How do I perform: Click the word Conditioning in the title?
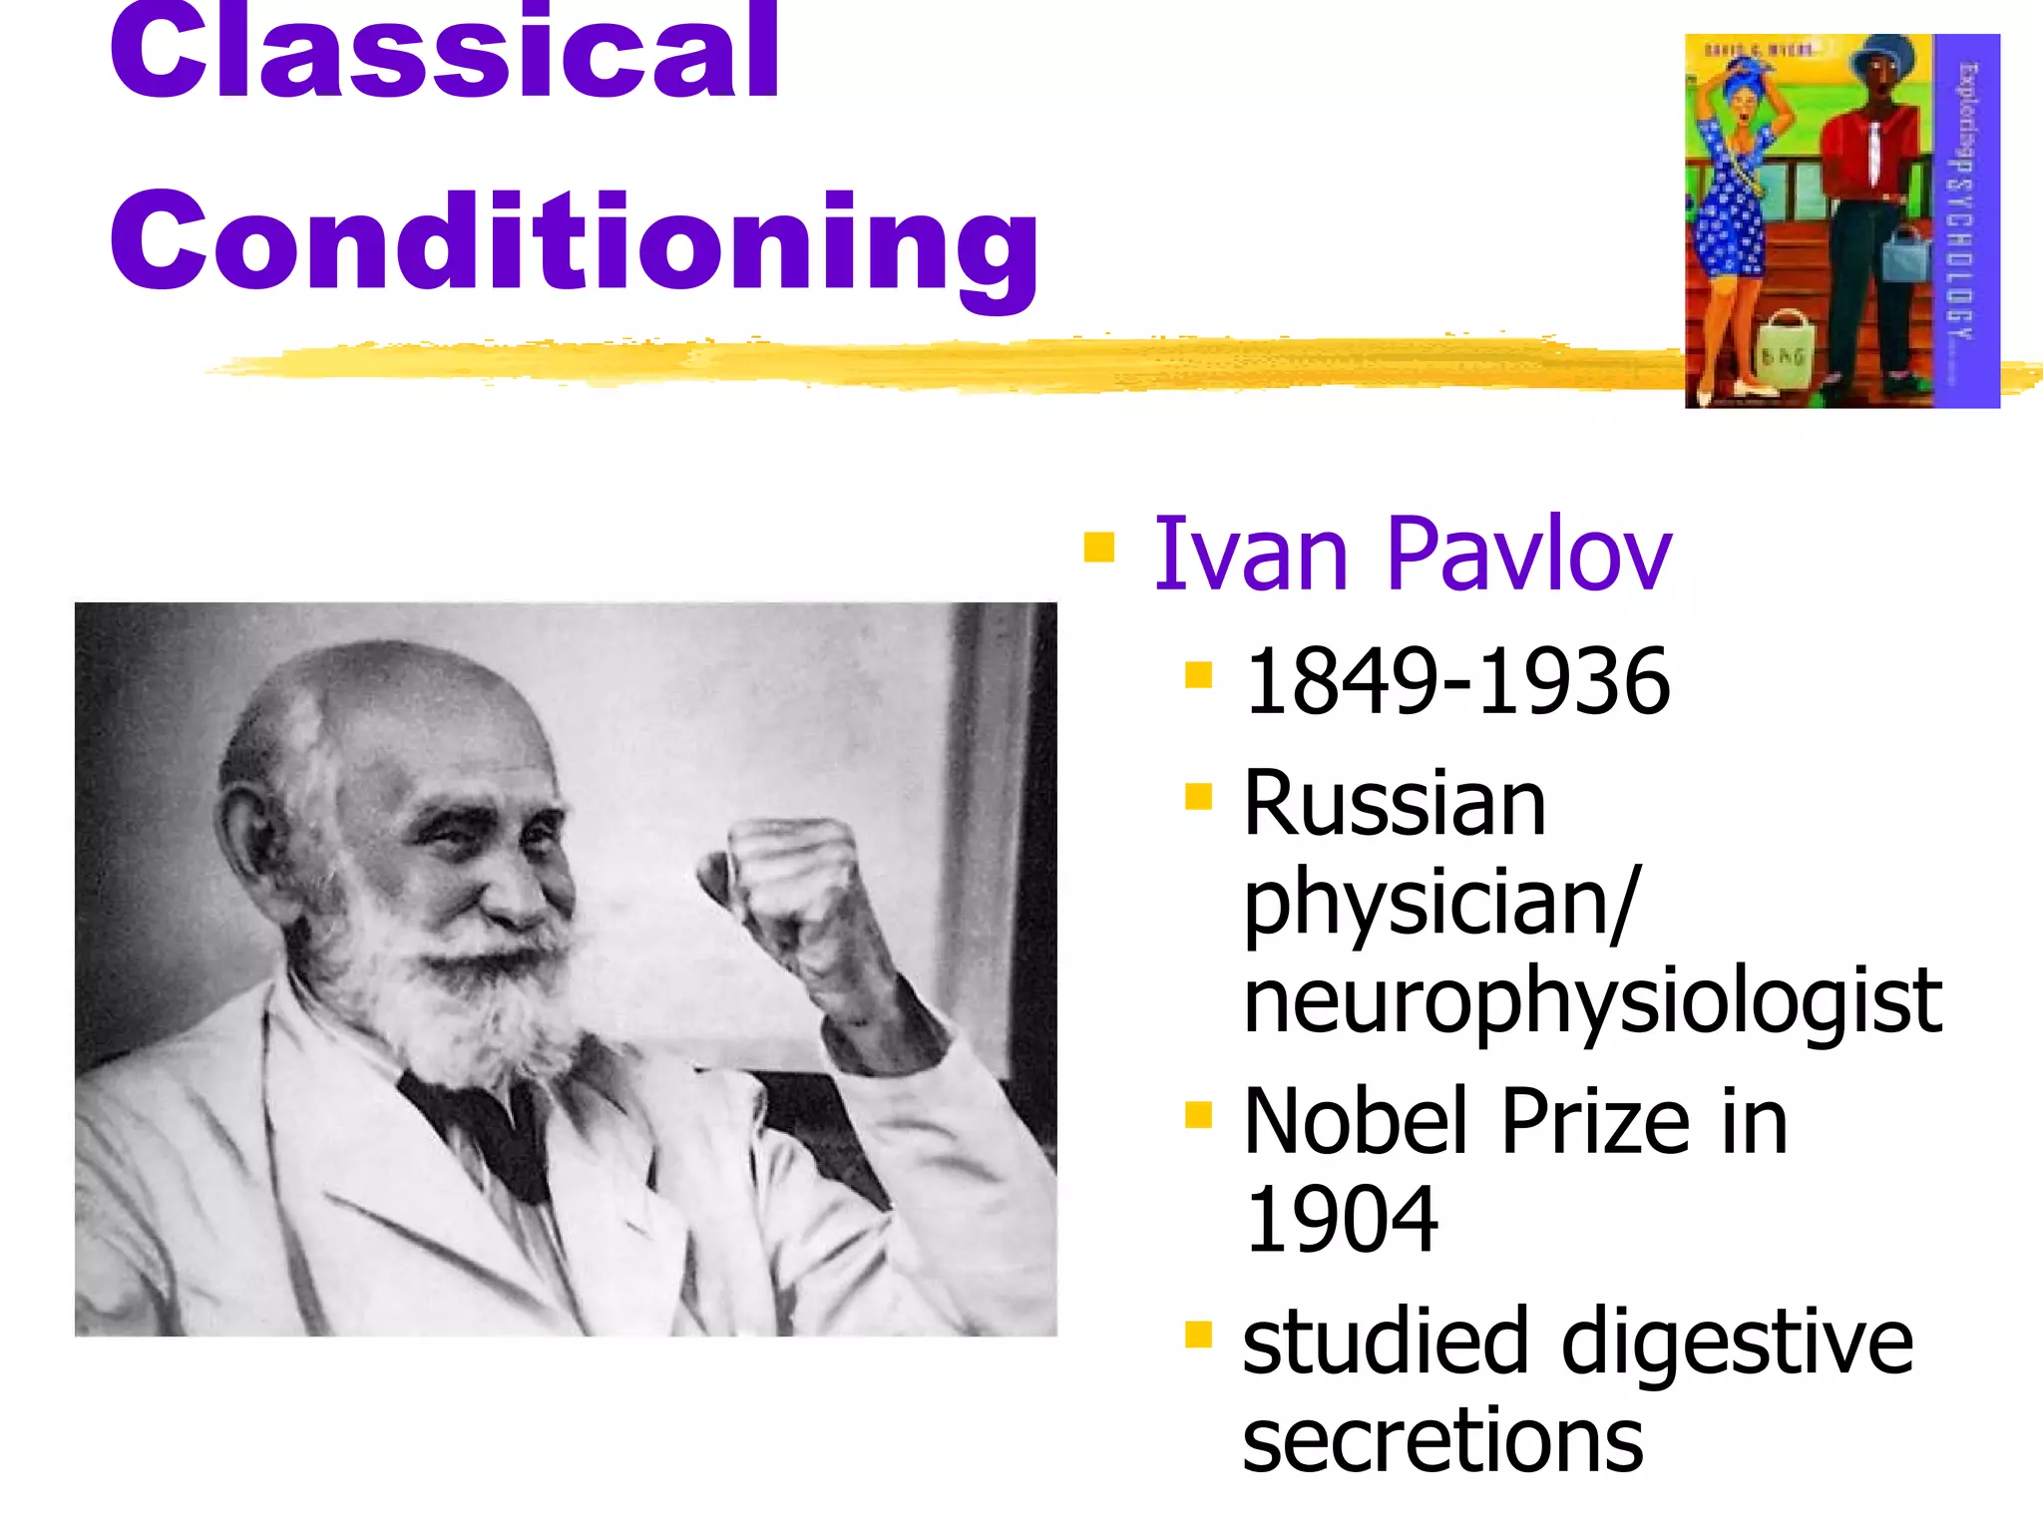pos(574,244)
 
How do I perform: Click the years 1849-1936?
pos(1456,682)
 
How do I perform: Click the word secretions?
pos(1441,1441)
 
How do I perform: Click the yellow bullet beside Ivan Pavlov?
pos(1098,548)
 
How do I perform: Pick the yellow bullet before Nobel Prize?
pos(1198,1115)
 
